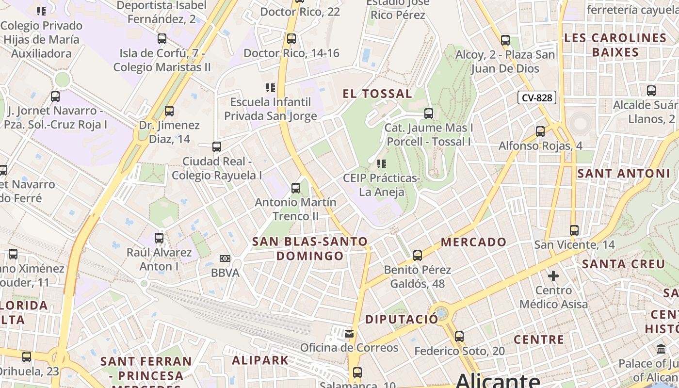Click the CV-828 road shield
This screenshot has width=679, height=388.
(x=537, y=97)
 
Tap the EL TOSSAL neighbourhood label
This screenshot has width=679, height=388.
(x=377, y=94)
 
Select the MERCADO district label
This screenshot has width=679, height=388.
(x=473, y=242)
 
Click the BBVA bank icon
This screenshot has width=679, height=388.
(x=225, y=259)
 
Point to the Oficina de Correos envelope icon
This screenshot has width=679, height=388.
(x=349, y=333)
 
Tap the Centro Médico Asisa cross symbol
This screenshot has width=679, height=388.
(x=553, y=276)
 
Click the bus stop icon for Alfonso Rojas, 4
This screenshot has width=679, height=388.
(x=540, y=131)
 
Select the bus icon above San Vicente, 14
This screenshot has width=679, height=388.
(x=574, y=230)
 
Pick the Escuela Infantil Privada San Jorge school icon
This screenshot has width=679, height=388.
(x=271, y=88)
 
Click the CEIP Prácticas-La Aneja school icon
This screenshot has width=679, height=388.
(x=382, y=164)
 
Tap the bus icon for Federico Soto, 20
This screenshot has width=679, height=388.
(x=459, y=336)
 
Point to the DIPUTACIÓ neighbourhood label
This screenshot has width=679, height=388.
(x=401, y=319)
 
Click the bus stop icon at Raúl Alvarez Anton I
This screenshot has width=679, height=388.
(x=159, y=238)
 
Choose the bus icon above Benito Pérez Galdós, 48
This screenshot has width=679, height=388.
(x=418, y=255)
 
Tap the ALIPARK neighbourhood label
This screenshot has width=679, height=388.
(x=260, y=360)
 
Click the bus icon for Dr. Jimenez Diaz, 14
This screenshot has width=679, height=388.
(x=169, y=111)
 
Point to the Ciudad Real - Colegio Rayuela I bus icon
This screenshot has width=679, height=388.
(x=217, y=146)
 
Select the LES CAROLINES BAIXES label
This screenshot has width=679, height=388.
(x=615, y=45)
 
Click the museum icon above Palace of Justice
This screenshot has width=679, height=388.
(x=661, y=349)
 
